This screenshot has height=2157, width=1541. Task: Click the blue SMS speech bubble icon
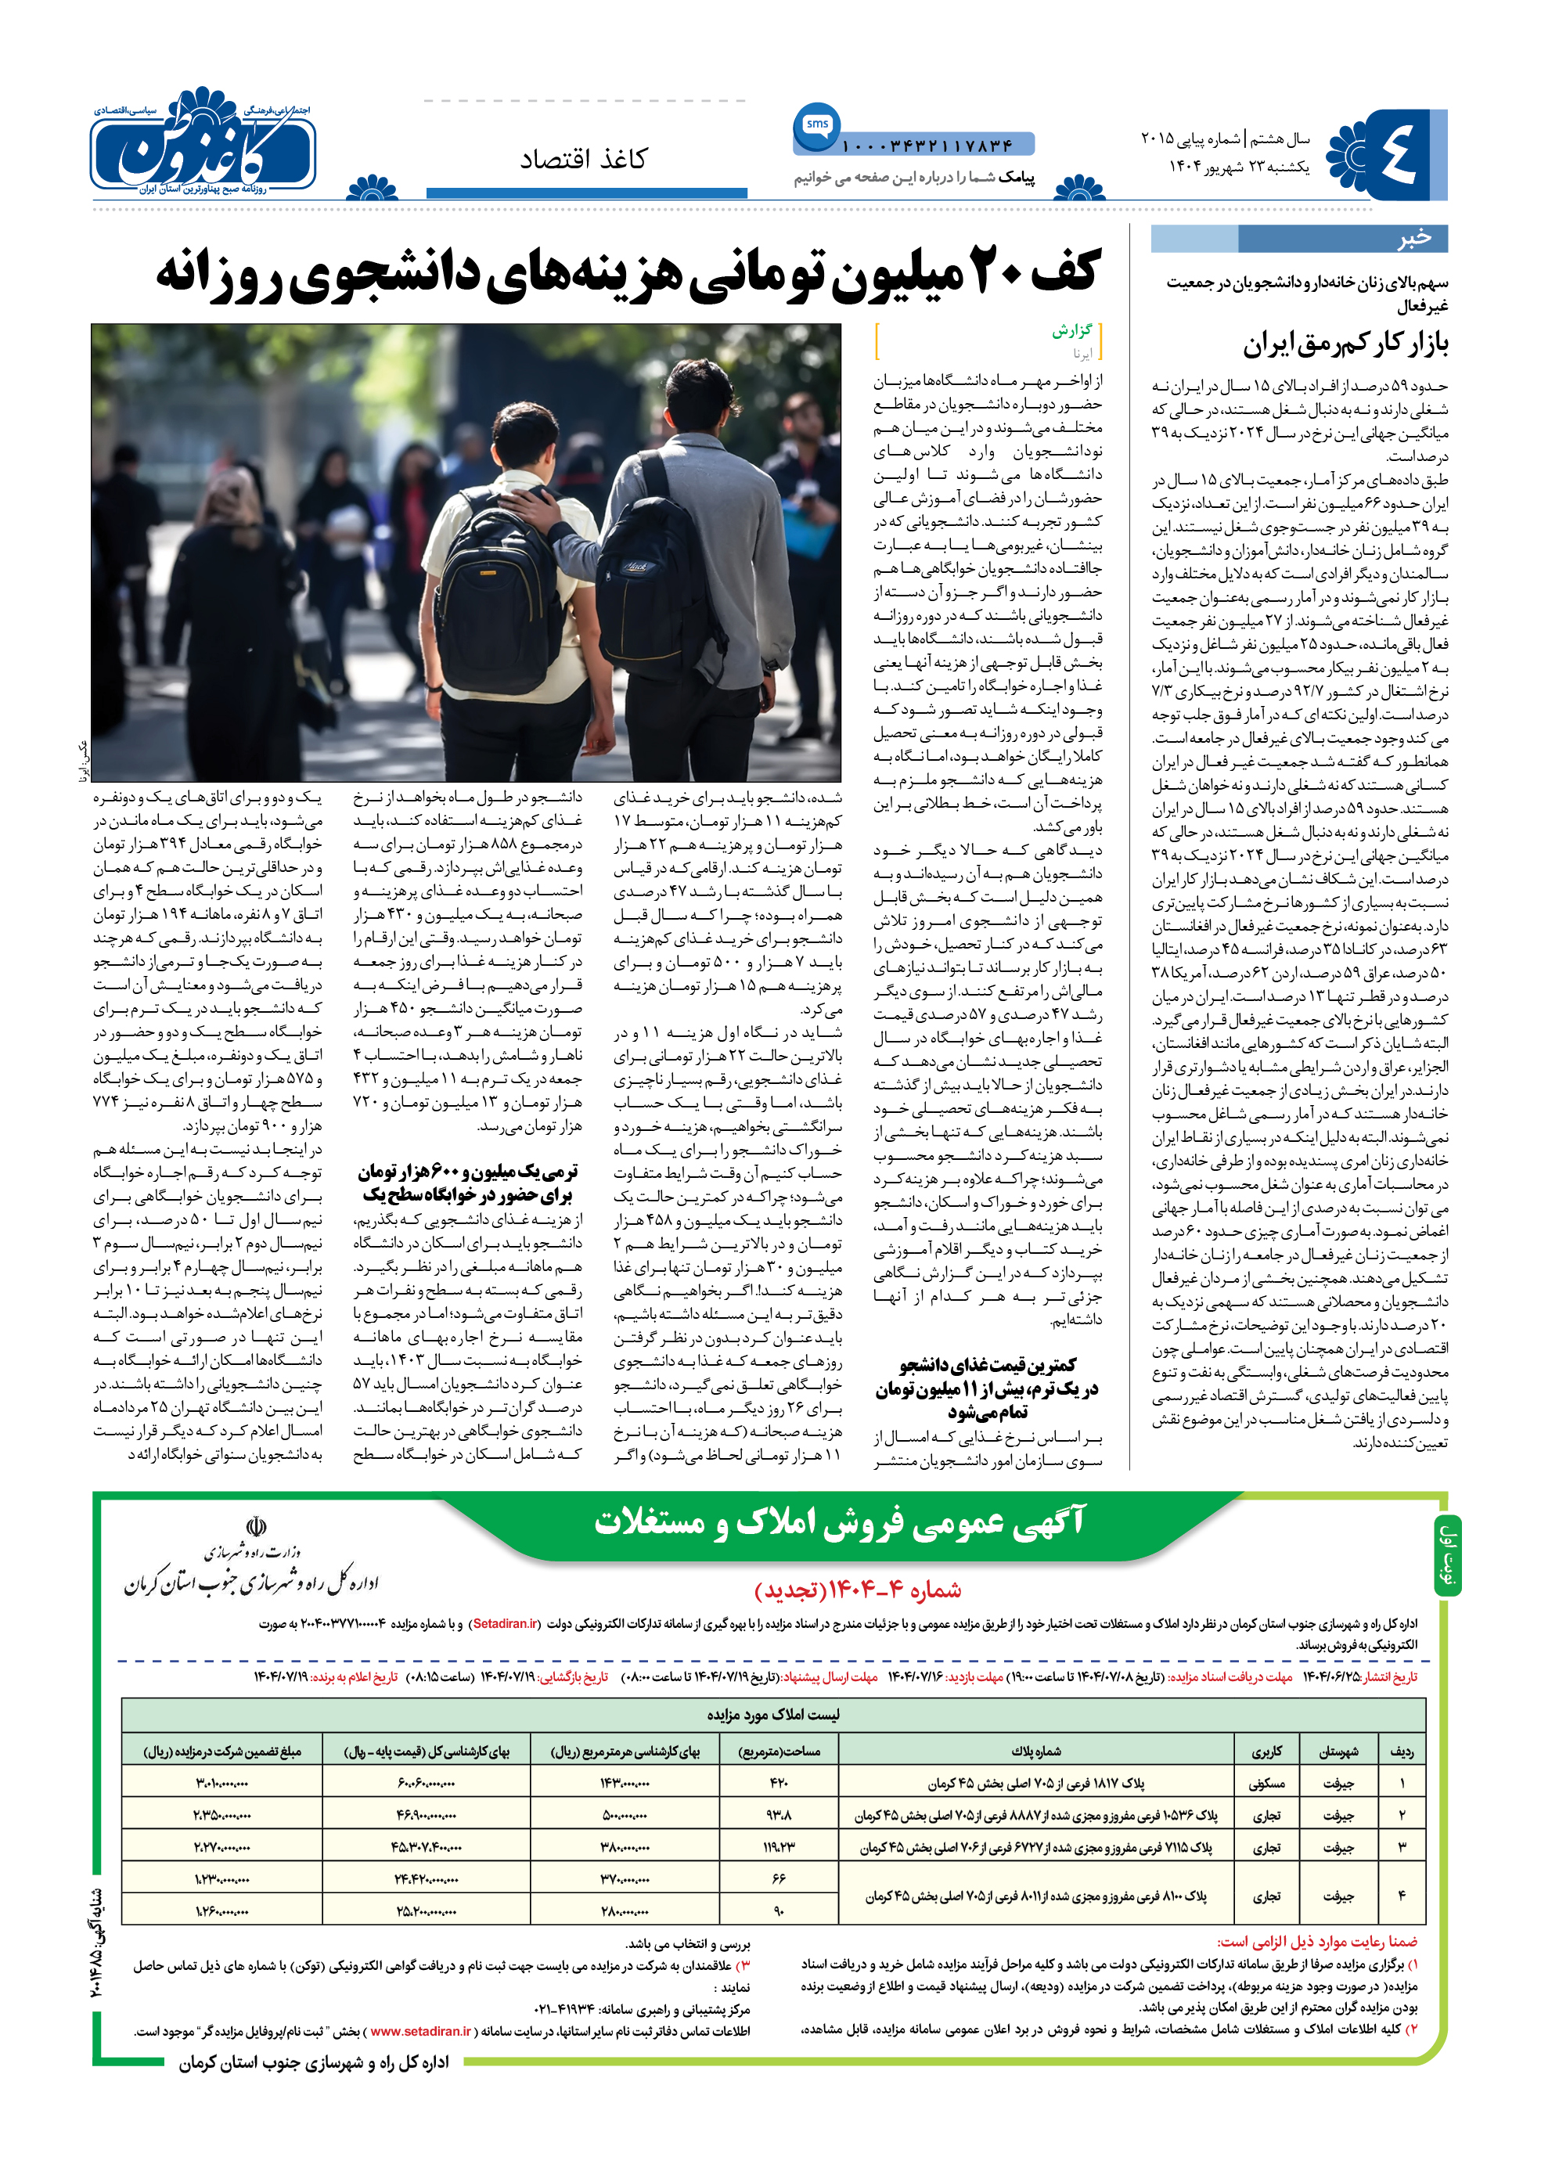816,125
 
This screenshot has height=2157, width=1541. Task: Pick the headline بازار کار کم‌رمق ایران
1345,344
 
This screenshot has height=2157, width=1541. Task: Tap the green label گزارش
1071,331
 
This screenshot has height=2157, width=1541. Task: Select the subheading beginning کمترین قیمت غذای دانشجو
987,1388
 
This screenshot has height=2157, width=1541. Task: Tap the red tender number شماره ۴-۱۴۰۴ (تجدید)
858,1590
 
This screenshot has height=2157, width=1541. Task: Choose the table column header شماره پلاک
1036,1752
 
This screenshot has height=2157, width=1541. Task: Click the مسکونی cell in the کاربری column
1267,1784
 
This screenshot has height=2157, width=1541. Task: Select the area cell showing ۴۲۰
779,1784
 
